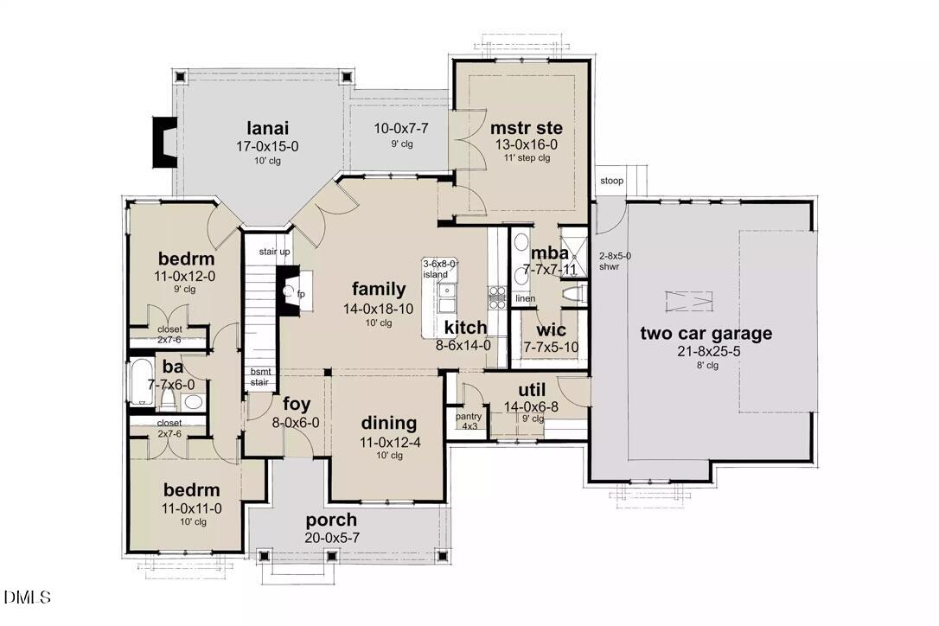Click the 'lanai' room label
tap(268, 128)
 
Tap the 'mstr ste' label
tap(521, 128)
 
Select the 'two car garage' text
tap(706, 334)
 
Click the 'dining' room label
tap(388, 424)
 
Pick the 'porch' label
tap(331, 520)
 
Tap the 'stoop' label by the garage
tap(612, 181)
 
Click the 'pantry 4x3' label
tap(469, 421)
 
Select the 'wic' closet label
tap(551, 330)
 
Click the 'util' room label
tap(531, 389)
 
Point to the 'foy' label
tap(297, 404)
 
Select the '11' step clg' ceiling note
tap(521, 157)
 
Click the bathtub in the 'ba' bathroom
tap(141, 383)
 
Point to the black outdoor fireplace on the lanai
tap(163, 142)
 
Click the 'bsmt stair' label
tap(260, 376)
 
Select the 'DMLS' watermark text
tap(28, 597)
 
